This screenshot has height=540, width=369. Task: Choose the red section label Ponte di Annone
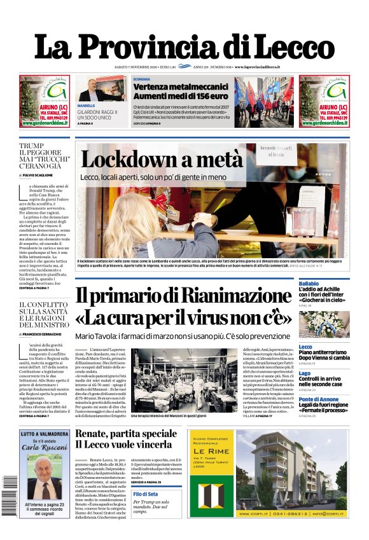(x=319, y=399)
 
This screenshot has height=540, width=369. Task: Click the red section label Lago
(x=305, y=373)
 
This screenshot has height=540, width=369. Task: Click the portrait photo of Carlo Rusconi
(x=45, y=475)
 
